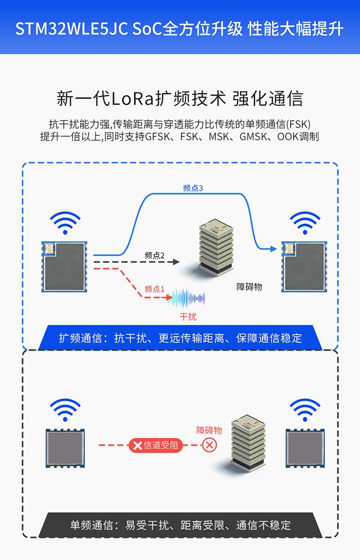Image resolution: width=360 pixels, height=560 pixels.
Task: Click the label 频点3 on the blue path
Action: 193,188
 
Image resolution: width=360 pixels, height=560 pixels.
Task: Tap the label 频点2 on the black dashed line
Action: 155,256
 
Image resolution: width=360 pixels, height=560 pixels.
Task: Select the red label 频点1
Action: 155,289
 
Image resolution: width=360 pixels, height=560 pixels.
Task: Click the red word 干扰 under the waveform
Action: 188,317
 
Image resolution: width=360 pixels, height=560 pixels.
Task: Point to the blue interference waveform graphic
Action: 189,299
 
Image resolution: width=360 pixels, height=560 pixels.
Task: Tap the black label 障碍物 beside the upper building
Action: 250,287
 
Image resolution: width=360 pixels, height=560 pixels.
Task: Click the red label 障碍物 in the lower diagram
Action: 209,430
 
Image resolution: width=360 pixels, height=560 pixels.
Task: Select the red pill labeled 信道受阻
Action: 155,445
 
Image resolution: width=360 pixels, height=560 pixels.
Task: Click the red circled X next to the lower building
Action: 209,445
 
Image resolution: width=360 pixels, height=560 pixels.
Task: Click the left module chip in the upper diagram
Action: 64,267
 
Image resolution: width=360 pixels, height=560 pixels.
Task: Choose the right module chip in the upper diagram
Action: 303,267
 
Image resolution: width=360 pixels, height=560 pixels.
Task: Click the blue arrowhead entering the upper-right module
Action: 274,249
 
